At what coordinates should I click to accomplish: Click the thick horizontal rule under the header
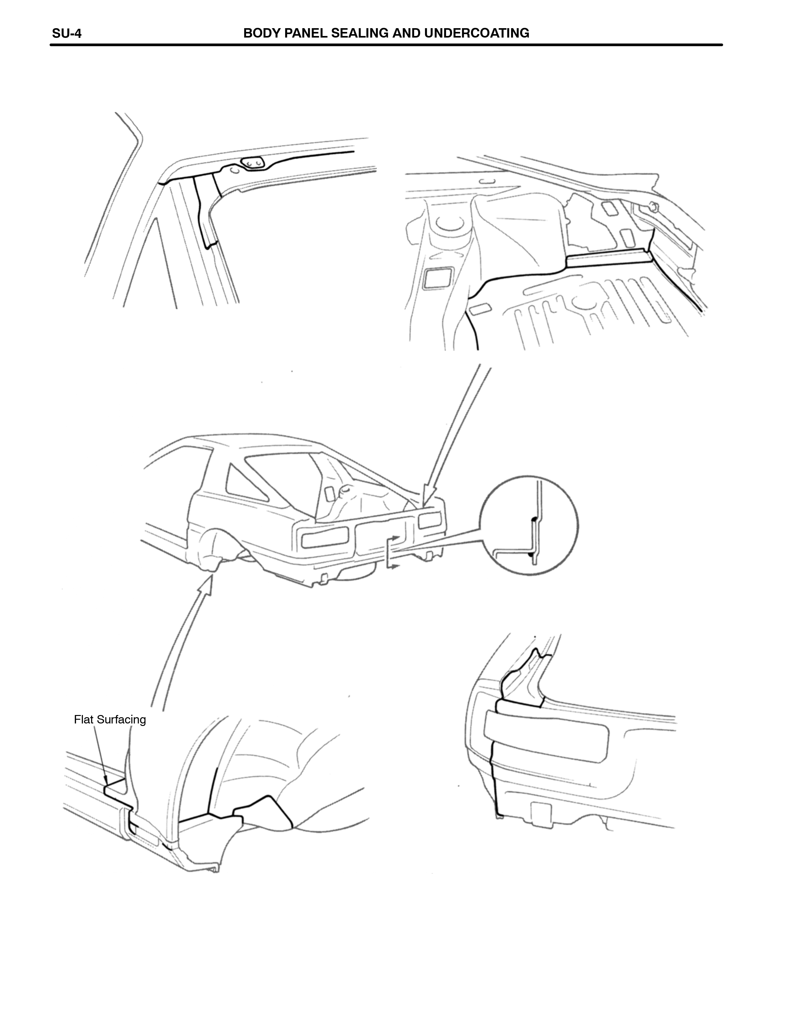click(387, 45)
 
